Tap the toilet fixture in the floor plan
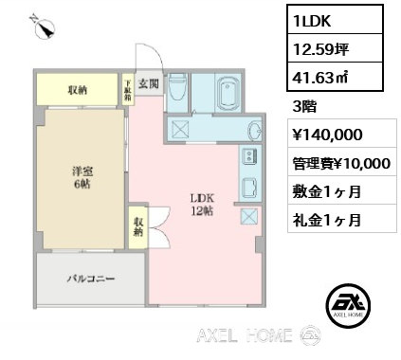[178, 88]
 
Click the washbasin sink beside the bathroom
[254, 131]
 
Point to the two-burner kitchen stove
[249, 155]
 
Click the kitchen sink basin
[250, 187]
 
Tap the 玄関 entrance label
[149, 83]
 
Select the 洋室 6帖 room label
[82, 178]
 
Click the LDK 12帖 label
[202, 205]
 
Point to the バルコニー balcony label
[91, 279]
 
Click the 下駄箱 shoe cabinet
[128, 90]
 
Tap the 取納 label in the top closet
[78, 91]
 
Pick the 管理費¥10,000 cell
[342, 163]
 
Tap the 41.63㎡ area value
[320, 78]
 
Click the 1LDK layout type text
[312, 21]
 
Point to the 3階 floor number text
[304, 107]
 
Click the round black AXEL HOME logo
[348, 305]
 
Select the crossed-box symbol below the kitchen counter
[249, 217]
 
